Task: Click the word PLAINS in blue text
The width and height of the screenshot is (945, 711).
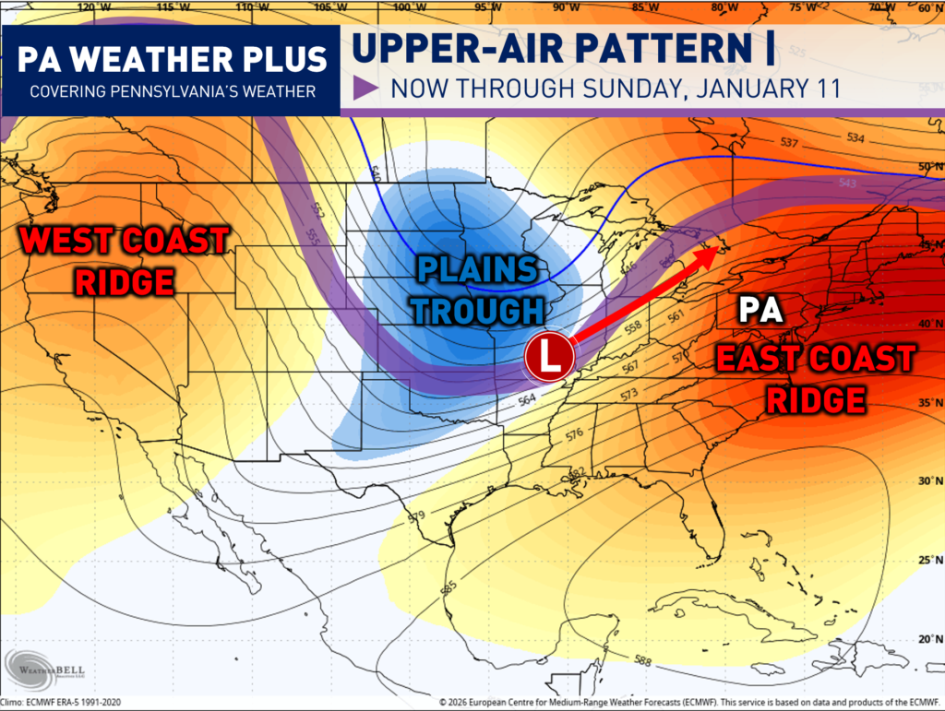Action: point(477,270)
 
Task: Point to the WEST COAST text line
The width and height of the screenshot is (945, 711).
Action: point(126,241)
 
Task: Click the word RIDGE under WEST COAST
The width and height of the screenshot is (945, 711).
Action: point(126,281)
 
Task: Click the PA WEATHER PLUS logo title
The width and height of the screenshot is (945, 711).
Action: point(173,59)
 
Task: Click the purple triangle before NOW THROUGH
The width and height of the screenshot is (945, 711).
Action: point(366,90)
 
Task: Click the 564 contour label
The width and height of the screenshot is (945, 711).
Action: point(527,399)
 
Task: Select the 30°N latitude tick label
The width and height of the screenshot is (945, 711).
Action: point(927,480)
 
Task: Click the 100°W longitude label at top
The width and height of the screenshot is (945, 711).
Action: point(403,8)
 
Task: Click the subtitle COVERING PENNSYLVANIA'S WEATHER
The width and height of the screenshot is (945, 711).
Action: point(173,92)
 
